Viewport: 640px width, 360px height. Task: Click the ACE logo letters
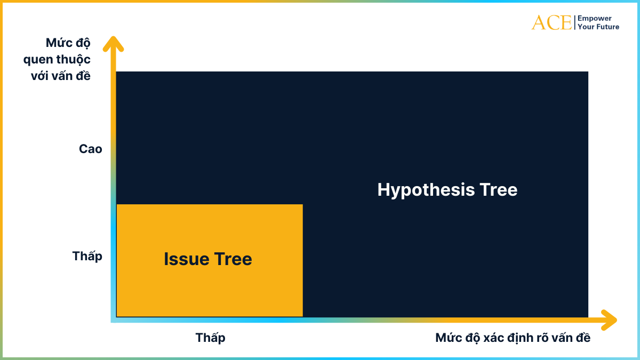(x=551, y=22)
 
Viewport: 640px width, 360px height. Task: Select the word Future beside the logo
(x=607, y=27)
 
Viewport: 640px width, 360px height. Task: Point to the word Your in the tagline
(x=586, y=27)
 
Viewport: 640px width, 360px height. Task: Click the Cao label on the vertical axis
(x=90, y=149)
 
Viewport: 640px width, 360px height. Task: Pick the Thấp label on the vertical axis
(x=87, y=257)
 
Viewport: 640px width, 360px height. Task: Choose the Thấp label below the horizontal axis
(x=210, y=338)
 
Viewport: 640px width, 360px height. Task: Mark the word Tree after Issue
(x=233, y=259)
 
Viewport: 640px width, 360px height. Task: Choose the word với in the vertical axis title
(x=41, y=76)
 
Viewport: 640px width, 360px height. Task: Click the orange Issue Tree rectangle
(x=209, y=288)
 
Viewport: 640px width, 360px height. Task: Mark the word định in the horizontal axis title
(x=522, y=338)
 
